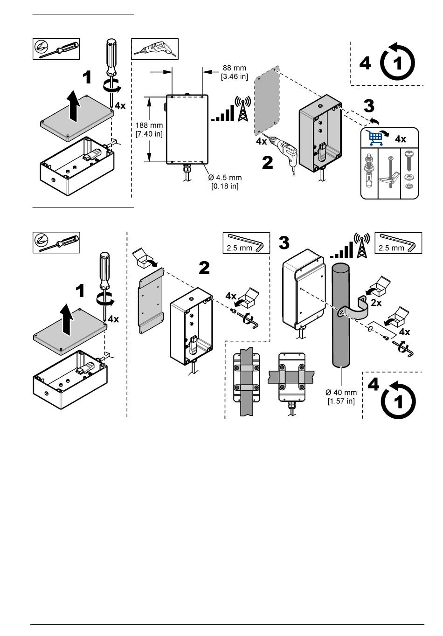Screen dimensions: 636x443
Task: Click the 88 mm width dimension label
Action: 234,72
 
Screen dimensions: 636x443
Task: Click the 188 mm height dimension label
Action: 149,129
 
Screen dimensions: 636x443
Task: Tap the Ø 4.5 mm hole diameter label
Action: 225,182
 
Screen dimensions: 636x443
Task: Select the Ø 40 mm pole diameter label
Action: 342,396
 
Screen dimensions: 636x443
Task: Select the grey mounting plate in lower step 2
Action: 152,301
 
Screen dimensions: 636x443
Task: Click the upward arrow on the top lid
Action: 73,106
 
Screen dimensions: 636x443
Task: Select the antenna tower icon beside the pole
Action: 361,246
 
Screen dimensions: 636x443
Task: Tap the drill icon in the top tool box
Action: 155,48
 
